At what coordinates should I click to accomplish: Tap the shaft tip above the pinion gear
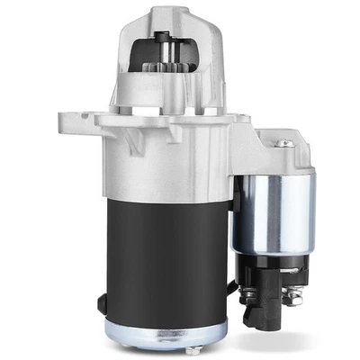[x=164, y=37]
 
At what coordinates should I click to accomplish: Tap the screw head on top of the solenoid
[x=284, y=143]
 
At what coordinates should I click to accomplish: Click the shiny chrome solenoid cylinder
[x=274, y=211]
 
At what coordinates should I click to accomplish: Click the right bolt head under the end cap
[x=194, y=350]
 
